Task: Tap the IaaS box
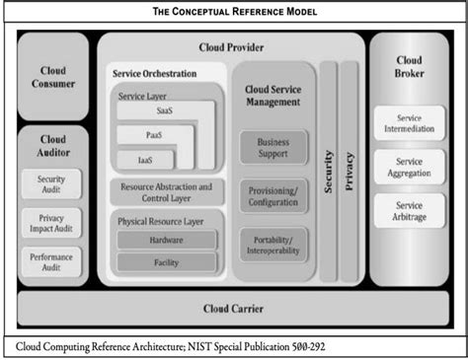146,159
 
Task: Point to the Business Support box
273,147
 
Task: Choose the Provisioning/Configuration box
273,197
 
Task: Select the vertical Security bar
328,173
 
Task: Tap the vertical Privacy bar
351,173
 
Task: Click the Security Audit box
51,185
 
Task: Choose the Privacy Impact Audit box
51,224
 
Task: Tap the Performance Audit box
51,260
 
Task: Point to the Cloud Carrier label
234,308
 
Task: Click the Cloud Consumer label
53,76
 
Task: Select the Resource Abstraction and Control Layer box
165,191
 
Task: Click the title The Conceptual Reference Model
233,12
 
